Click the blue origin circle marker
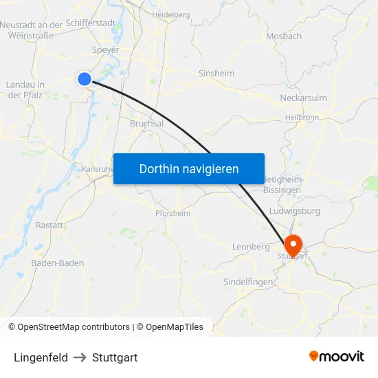point(85,79)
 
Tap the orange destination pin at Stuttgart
point(293,244)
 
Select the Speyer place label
point(106,50)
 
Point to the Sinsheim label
point(216,74)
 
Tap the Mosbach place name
point(284,36)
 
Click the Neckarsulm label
point(303,98)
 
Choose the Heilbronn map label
point(302,118)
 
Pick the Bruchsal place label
point(146,124)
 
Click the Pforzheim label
point(173,213)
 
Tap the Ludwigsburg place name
point(296,210)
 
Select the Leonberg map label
point(251,246)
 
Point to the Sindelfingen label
point(248,282)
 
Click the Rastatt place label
point(49,225)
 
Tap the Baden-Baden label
point(58,263)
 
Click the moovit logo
point(336,356)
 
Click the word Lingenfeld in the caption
point(41,357)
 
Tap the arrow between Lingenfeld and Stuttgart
point(80,357)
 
